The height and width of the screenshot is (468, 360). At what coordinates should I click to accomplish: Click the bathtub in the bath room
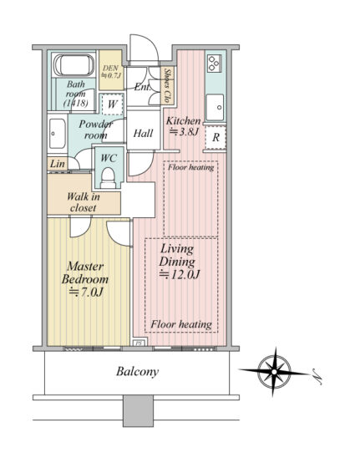coord(74,65)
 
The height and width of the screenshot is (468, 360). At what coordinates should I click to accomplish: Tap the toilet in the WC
coord(108,178)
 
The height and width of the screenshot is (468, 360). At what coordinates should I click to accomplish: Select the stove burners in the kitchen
coord(215,63)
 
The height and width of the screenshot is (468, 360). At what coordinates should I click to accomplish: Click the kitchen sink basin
coord(215,107)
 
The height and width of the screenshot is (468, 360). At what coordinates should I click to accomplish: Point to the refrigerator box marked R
coord(215,137)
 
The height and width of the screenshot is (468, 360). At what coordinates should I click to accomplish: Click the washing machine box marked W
coord(112,104)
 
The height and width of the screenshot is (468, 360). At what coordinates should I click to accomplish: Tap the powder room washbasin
coord(57,134)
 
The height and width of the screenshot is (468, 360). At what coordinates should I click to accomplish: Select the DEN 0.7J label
coord(111,72)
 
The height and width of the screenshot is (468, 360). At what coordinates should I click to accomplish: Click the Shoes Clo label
coord(168,85)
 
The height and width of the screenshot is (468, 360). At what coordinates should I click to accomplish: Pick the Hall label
coord(143,133)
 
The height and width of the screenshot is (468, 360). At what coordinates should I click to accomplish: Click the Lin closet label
coord(58,164)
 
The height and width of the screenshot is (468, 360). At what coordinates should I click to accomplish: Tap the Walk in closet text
coord(84,202)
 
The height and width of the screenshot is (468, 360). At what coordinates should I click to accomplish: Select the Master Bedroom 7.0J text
coord(85,279)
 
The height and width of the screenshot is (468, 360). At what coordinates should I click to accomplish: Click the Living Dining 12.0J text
coord(179,262)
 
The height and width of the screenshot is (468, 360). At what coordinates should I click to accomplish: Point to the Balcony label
coord(137,372)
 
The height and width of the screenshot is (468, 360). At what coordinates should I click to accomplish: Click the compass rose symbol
coord(275,372)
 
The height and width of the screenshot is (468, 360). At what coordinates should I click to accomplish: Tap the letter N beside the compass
coord(317,376)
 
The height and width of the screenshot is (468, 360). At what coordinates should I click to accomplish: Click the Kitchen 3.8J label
coord(183,126)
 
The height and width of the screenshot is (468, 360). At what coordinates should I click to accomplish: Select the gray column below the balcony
coord(138,410)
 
